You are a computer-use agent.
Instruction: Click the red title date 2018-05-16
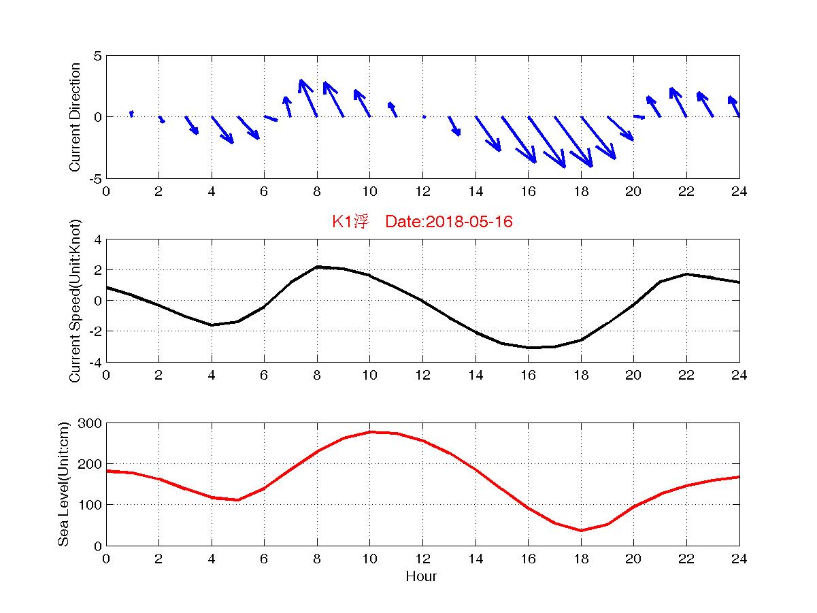(x=469, y=222)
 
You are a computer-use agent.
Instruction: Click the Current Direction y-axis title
(x=76, y=117)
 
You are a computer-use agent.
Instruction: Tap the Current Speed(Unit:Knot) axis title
(x=76, y=300)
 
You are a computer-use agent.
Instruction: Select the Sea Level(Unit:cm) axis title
(x=63, y=484)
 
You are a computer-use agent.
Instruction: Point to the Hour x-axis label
(x=421, y=577)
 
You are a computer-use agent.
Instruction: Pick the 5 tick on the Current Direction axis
(x=97, y=56)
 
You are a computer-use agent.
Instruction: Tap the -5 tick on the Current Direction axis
(x=95, y=178)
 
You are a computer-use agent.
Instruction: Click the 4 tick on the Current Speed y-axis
(x=97, y=239)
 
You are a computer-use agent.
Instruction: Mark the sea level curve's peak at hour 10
(x=370, y=432)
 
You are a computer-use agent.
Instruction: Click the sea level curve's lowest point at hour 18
(x=581, y=531)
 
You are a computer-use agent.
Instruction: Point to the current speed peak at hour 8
(x=317, y=267)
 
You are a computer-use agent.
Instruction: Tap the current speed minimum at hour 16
(x=529, y=348)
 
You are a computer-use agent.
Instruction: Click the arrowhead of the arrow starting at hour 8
(x=301, y=82)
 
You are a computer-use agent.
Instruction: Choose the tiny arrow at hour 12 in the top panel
(x=424, y=117)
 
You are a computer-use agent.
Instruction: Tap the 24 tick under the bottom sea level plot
(x=739, y=559)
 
